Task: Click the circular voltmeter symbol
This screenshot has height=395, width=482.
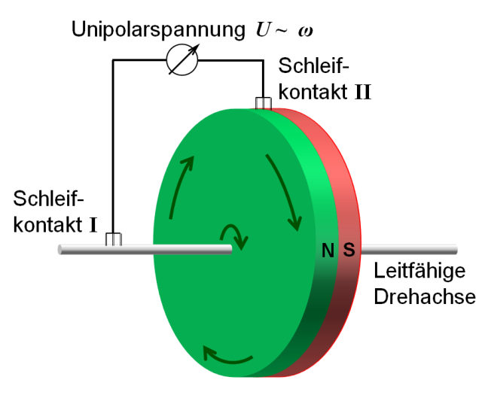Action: pyautogui.click(x=182, y=60)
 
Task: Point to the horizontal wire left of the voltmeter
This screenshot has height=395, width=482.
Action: pyautogui.click(x=139, y=60)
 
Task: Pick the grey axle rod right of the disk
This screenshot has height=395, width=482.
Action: pyautogui.click(x=410, y=249)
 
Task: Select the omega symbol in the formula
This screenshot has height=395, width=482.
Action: pyautogui.click(x=302, y=32)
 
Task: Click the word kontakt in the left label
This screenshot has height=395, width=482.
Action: pyautogui.click(x=56, y=225)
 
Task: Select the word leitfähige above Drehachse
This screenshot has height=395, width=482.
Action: pyautogui.click(x=426, y=272)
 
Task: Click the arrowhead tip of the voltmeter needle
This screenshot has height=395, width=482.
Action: pyautogui.click(x=202, y=44)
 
